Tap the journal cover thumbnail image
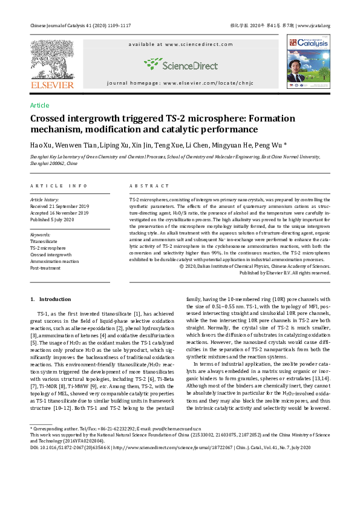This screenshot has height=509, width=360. pos(309,62)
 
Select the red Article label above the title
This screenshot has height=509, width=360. pos(39,105)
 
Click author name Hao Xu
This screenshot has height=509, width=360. pos(41,146)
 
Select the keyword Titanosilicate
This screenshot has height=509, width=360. pos(44,241)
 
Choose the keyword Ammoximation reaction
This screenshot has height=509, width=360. pos(54,262)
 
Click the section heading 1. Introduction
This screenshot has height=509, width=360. pos(51,299)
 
